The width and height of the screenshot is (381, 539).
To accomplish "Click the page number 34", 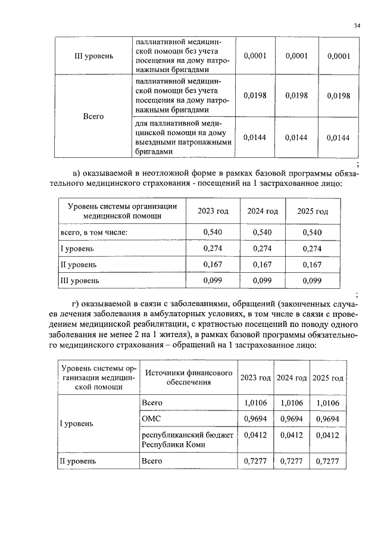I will [x=357, y=26].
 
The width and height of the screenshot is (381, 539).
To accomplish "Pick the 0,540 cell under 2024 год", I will [x=263, y=232].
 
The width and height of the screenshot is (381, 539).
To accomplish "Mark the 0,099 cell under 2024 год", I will [x=263, y=279].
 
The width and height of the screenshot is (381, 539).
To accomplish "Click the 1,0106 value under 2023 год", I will [x=255, y=403].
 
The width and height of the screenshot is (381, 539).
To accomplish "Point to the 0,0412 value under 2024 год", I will [x=292, y=435].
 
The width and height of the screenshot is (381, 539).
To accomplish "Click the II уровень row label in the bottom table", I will [x=79, y=461].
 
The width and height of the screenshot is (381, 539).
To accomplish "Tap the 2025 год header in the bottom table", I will [x=328, y=378].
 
